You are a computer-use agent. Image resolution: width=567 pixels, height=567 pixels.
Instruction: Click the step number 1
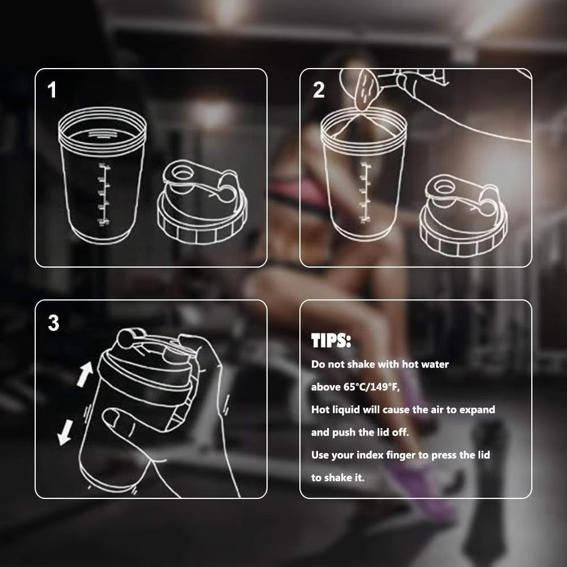(52, 90)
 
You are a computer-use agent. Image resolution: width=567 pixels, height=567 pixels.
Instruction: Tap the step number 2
(319, 90)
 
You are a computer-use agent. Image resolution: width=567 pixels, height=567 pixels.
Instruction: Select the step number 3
(53, 323)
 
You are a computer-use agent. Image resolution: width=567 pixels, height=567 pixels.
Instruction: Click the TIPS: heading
(331, 341)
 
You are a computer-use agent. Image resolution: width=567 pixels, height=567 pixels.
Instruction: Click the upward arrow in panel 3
(84, 375)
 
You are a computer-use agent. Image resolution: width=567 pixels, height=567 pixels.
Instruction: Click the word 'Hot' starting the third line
(321, 409)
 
